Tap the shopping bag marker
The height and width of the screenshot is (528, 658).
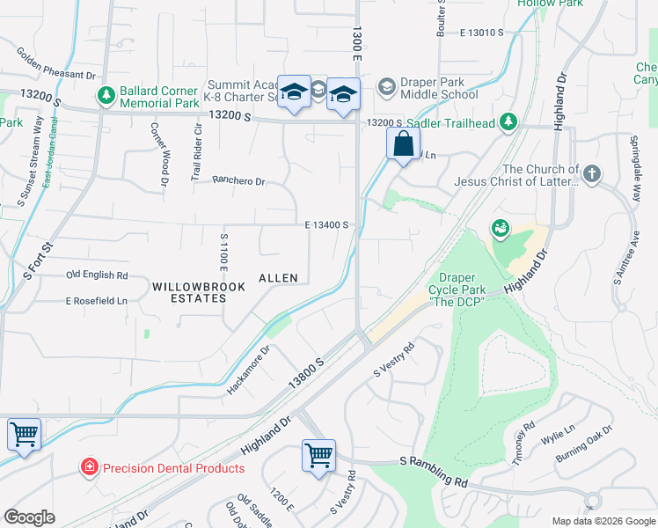click(x=403, y=144)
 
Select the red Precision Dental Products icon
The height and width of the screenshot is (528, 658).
click(x=89, y=467)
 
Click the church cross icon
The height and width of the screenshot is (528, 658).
click(x=591, y=173)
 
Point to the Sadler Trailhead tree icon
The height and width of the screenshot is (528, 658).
click(x=508, y=121)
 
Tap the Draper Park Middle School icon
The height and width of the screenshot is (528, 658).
click(x=386, y=87)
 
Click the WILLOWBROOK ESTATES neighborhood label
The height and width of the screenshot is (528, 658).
click(x=188, y=293)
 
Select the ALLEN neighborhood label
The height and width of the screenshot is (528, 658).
click(x=278, y=278)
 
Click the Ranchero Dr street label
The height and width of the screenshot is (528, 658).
click(x=238, y=181)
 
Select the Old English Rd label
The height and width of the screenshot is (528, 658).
click(x=97, y=275)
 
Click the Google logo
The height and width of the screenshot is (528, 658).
click(x=29, y=517)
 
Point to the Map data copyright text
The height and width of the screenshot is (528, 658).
click(x=603, y=521)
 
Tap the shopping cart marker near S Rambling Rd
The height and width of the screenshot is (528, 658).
click(x=318, y=456)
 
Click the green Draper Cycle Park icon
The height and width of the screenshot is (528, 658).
click(x=501, y=229)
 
